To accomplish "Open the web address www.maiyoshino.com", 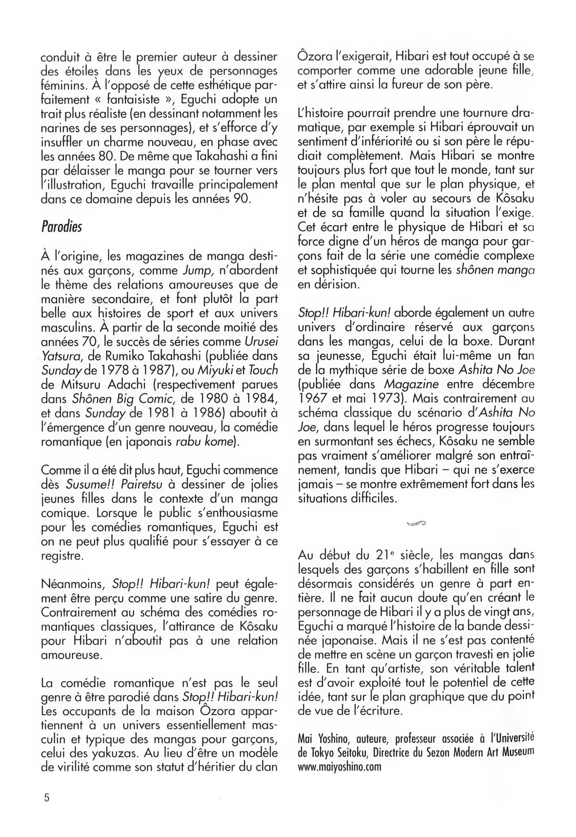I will point(339,766).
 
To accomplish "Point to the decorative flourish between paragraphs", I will point(416,523).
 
